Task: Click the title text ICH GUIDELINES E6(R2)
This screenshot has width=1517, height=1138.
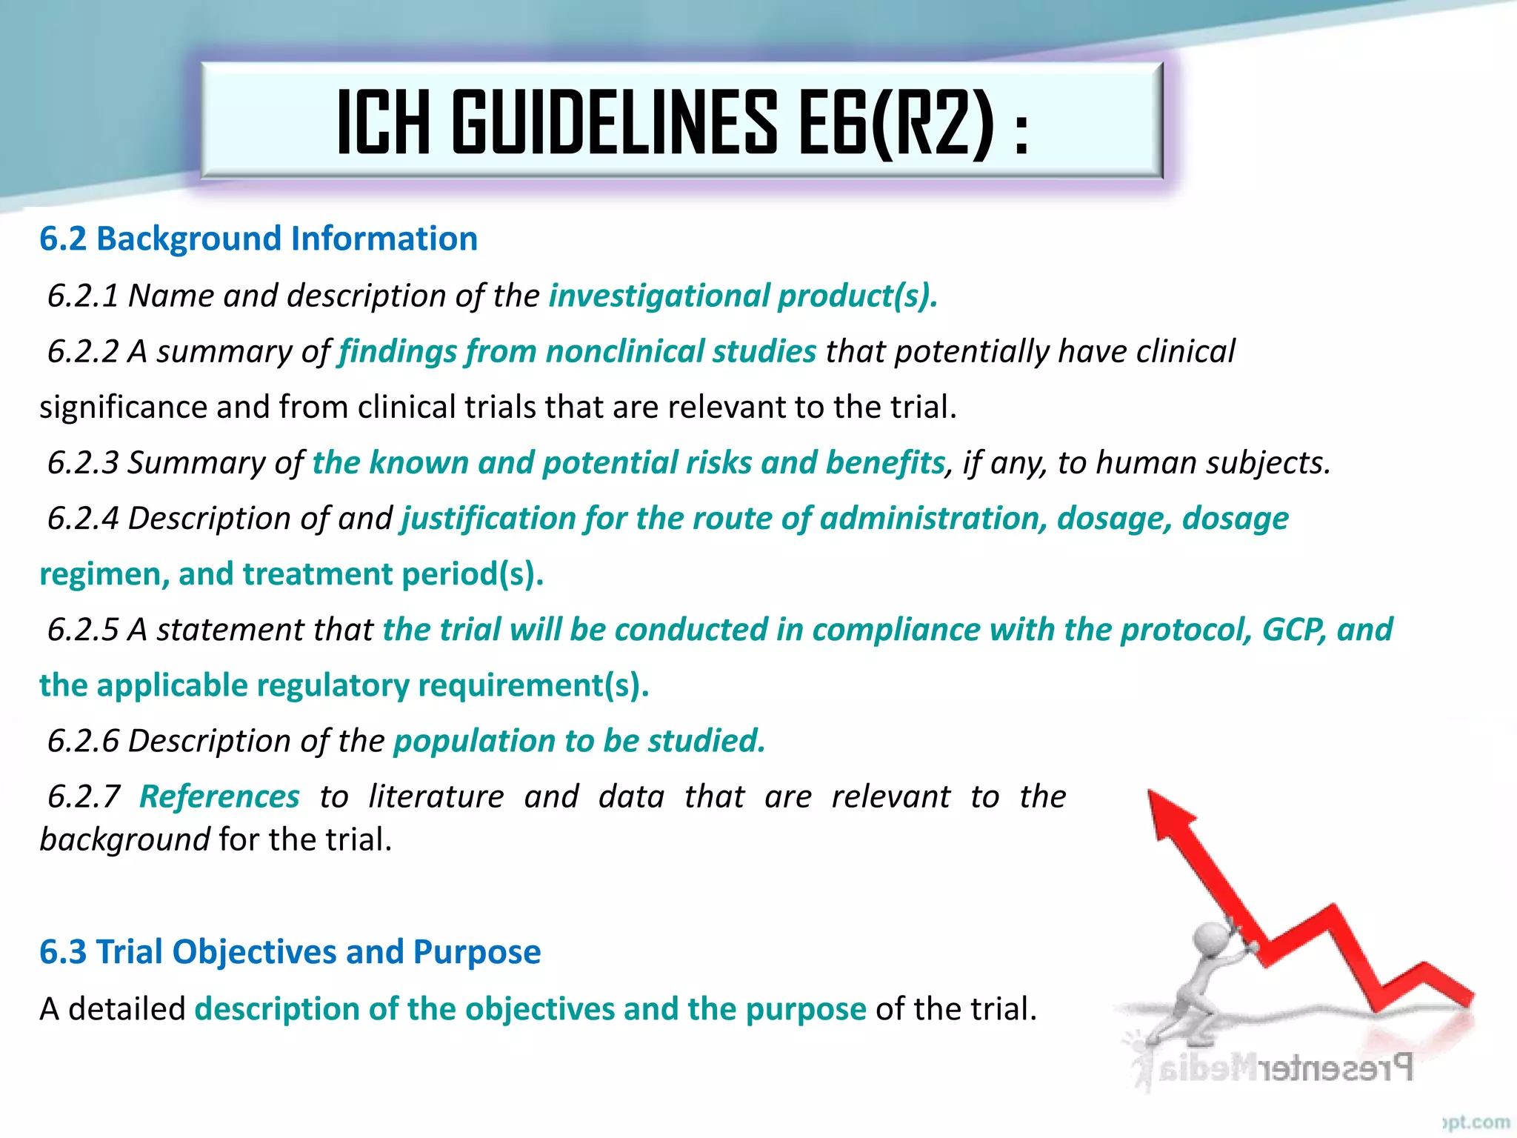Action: [x=681, y=122]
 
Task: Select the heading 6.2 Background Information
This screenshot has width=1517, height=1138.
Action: [x=258, y=239]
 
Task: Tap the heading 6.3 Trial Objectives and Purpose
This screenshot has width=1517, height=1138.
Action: [x=290, y=951]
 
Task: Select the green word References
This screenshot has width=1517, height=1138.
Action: [x=219, y=796]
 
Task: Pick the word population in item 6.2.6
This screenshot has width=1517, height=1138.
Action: [x=474, y=740]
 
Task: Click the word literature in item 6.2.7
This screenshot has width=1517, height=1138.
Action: [x=436, y=796]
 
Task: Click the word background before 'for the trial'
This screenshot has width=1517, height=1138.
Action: [x=124, y=839]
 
